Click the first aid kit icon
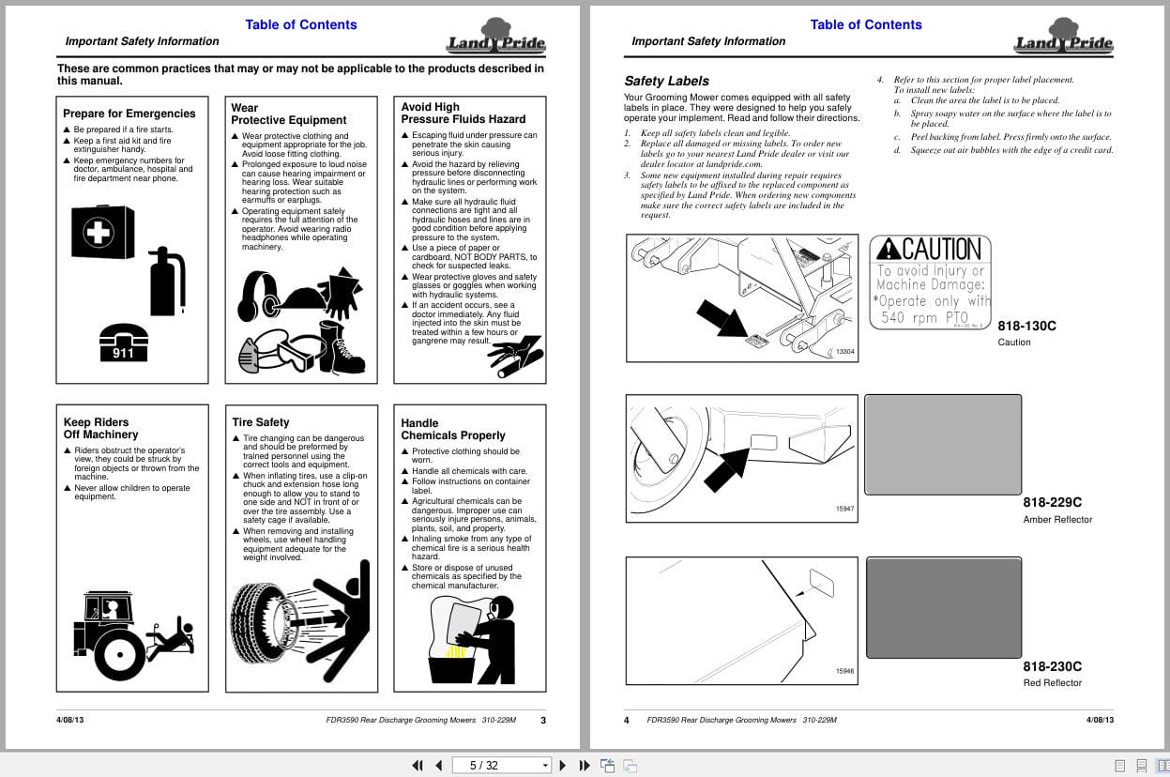click(102, 232)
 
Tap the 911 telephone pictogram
click(123, 342)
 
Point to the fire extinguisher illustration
click(168, 281)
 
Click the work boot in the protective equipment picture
click(340, 346)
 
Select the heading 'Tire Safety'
click(261, 422)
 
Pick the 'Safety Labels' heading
click(666, 81)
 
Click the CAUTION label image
click(931, 282)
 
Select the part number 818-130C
click(1026, 326)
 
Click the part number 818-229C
click(1052, 502)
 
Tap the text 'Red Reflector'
click(1052, 682)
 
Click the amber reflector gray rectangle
click(942, 444)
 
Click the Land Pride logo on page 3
click(495, 38)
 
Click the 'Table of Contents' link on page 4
click(866, 24)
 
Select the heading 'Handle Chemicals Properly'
click(453, 429)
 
